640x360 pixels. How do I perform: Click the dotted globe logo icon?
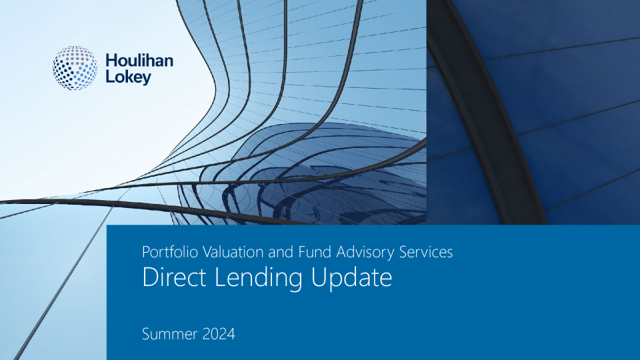pyautogui.click(x=75, y=68)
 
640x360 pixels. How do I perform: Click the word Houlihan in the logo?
pyautogui.click(x=139, y=61)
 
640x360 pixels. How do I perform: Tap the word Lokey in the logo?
pyautogui.click(x=129, y=77)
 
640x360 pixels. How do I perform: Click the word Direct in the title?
pyautogui.click(x=174, y=277)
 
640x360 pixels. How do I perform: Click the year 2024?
pyautogui.click(x=219, y=334)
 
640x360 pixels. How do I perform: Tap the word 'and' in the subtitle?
pyautogui.click(x=281, y=252)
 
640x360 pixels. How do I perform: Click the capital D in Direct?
pyautogui.click(x=150, y=277)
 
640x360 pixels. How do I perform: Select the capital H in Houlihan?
pyautogui.click(x=112, y=61)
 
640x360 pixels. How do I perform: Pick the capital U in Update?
pyautogui.click(x=319, y=277)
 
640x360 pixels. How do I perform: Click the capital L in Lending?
pyautogui.click(x=220, y=277)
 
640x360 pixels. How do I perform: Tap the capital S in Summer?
pyautogui.click(x=146, y=334)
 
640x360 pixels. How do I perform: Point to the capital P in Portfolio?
pyautogui.click(x=146, y=252)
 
